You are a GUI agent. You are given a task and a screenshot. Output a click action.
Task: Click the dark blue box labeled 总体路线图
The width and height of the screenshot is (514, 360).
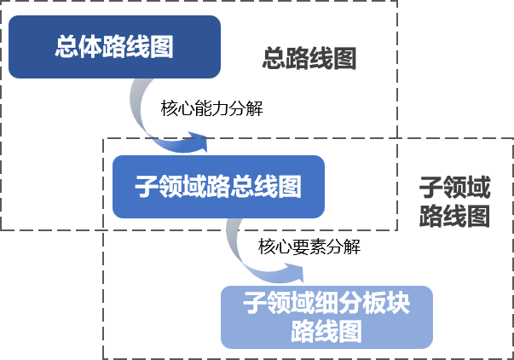(x=115, y=47)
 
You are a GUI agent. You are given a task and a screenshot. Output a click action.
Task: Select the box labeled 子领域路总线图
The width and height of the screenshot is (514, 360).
(x=218, y=185)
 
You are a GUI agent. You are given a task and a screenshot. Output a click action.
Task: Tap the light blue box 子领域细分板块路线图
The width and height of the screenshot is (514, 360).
(x=326, y=316)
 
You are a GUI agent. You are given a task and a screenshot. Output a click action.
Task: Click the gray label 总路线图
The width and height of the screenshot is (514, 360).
(x=309, y=60)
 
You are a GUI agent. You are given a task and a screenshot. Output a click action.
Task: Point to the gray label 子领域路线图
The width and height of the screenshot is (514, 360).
(x=454, y=202)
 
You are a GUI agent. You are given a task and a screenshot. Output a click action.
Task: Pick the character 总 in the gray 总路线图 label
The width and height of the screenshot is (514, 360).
(x=273, y=60)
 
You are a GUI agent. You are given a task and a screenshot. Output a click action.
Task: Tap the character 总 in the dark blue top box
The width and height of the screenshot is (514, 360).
(x=66, y=47)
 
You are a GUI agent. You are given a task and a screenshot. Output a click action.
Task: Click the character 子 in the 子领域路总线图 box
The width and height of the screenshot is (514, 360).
(x=147, y=185)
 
